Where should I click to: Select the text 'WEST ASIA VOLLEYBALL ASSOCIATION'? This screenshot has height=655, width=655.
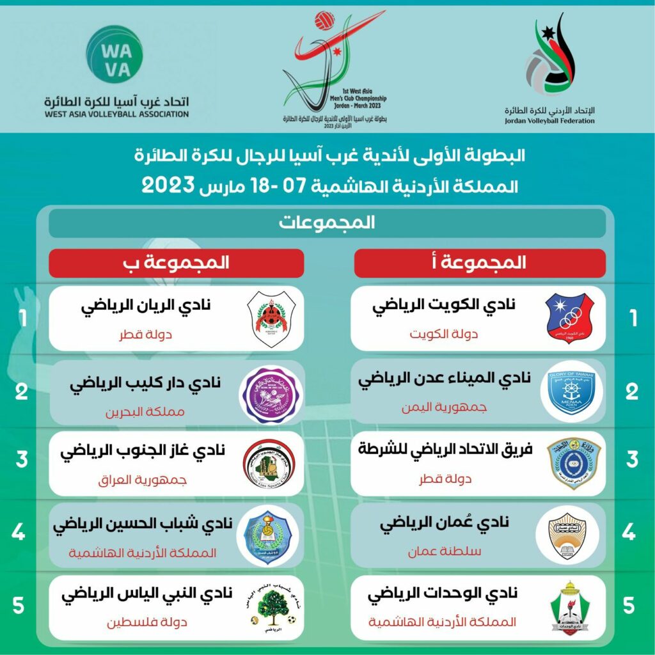point(116,114)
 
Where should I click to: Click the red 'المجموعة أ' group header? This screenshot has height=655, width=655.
point(480,262)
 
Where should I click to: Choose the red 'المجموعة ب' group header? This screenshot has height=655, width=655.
point(176,262)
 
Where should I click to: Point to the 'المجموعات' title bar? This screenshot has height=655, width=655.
point(327,223)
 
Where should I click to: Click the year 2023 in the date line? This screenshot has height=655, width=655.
point(168,186)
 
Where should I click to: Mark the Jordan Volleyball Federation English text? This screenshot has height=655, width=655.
point(549,120)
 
